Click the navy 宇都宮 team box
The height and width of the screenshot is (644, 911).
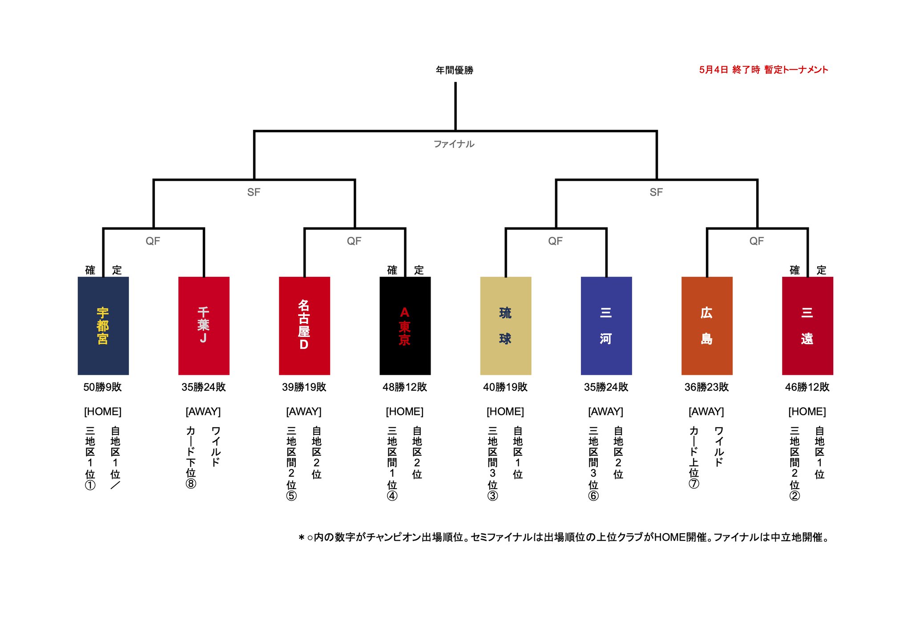click(x=103, y=325)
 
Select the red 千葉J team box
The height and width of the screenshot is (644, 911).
click(x=204, y=325)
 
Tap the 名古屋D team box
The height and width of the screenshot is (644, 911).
click(x=304, y=325)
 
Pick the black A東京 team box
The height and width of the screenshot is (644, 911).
click(x=405, y=325)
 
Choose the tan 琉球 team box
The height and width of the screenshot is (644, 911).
click(x=505, y=325)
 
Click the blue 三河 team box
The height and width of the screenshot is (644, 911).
click(x=606, y=325)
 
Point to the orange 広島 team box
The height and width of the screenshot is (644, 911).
click(x=707, y=325)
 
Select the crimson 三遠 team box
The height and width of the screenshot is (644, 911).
click(x=807, y=325)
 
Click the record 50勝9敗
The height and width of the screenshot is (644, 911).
click(x=103, y=387)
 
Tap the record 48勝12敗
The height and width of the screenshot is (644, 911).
click(x=405, y=387)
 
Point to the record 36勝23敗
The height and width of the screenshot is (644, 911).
click(x=707, y=387)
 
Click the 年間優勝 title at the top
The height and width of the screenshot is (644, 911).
click(x=455, y=70)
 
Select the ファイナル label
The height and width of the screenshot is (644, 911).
click(x=454, y=144)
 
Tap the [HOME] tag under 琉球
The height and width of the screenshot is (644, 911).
click(x=505, y=412)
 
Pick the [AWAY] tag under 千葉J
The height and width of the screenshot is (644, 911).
click(x=203, y=412)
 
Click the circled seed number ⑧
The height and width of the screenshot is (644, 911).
click(x=191, y=483)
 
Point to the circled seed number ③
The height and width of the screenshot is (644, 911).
click(x=492, y=495)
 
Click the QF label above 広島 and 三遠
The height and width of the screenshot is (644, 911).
click(x=756, y=241)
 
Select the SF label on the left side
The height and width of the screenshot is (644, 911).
click(x=254, y=192)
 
